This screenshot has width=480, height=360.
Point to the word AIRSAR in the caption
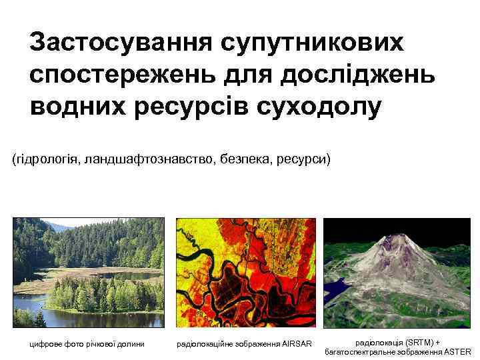point(297,345)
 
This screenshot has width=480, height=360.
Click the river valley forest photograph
point(88,273)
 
